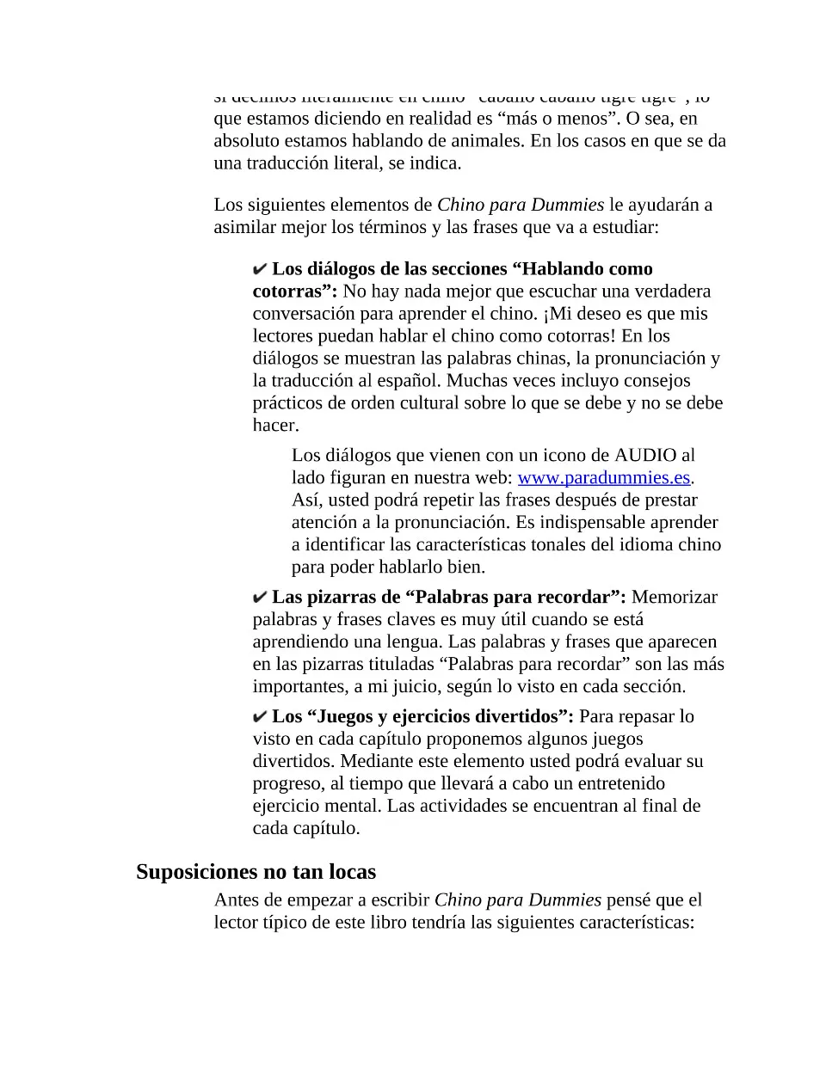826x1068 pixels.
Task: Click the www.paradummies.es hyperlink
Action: pos(603,477)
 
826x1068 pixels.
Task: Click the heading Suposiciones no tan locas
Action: pos(256,872)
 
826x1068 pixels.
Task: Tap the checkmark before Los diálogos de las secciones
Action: pos(260,270)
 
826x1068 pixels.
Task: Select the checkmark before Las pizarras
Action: pos(260,598)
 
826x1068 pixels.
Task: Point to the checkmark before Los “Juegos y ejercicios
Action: pos(260,717)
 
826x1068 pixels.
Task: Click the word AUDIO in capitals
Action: pos(644,455)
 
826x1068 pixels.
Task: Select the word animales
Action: pos(483,141)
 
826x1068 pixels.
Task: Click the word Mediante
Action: pos(374,761)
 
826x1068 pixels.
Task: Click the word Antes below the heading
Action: pos(237,899)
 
